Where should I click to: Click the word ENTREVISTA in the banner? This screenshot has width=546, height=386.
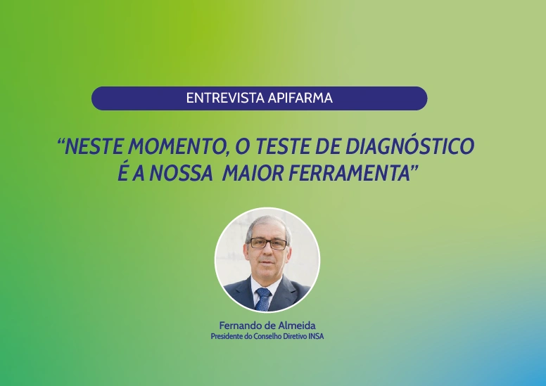point(226,98)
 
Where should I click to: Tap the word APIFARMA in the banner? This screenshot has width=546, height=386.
point(300,98)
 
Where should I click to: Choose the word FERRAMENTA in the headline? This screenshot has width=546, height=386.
point(349,174)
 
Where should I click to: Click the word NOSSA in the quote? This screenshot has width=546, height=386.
point(182,174)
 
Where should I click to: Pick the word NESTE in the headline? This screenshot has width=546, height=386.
point(94,146)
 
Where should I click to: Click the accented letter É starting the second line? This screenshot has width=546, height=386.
point(123,172)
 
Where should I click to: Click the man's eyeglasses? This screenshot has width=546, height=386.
point(268,243)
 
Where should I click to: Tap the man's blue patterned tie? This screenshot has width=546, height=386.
point(263,299)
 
